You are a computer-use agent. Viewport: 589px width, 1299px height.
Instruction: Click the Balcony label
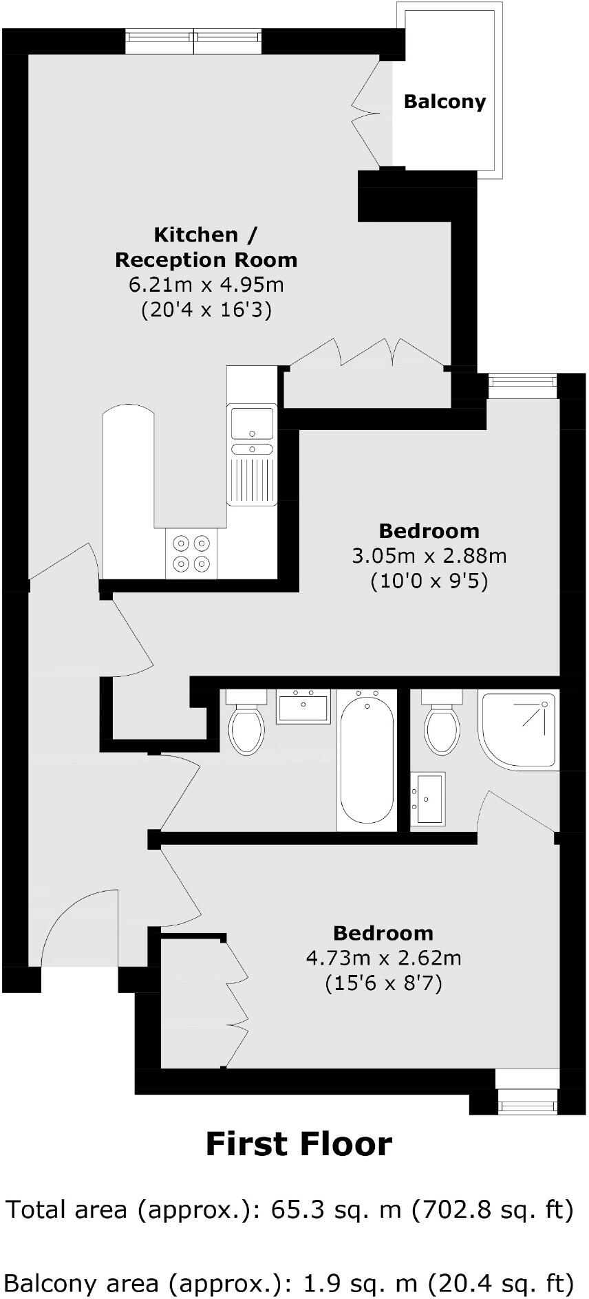tap(445, 102)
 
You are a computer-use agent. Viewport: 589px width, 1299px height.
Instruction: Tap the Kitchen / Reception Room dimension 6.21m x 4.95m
tap(206, 284)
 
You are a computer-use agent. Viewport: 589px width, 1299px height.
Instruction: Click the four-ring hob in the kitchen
tap(191, 553)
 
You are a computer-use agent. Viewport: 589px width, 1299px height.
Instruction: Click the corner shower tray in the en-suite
tap(520, 729)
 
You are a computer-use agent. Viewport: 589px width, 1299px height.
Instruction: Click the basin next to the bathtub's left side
tap(303, 707)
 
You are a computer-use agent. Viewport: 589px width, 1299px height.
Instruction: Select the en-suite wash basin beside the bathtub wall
tap(428, 798)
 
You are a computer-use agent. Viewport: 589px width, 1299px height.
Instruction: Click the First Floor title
tap(299, 1144)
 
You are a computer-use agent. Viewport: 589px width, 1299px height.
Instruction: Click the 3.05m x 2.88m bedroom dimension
tap(429, 556)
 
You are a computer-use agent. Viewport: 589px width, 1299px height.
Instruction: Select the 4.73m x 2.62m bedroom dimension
tap(383, 958)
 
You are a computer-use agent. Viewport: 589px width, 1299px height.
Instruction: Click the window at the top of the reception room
tap(195, 43)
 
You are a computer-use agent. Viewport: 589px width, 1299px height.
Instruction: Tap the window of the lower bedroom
tap(527, 1106)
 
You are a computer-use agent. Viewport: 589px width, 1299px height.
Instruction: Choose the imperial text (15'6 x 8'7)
tap(383, 983)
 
